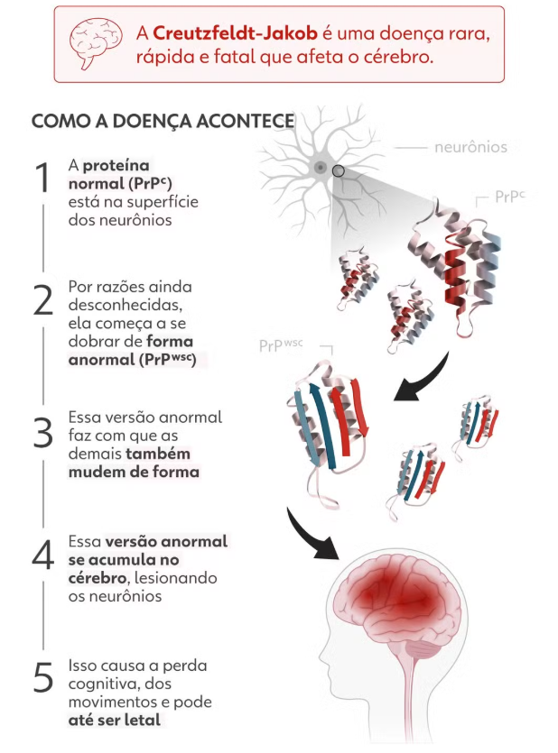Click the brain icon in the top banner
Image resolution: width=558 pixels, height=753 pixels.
coord(95,43)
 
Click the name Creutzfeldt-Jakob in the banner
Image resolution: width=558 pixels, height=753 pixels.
coord(235,33)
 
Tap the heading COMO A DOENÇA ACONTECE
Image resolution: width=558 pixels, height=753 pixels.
coord(163,121)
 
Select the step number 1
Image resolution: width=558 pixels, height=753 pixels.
coord(42,178)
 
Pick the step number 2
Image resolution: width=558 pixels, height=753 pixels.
coord(43,299)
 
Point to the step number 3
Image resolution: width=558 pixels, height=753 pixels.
coord(42,433)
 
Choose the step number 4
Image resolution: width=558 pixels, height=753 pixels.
coord(43,555)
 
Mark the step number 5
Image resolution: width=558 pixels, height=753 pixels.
coord(42,677)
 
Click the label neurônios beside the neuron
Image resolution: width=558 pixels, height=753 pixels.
coord(471,147)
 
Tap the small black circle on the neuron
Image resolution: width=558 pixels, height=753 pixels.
coord(339,171)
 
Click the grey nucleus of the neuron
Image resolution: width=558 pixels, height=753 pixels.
coord(321,168)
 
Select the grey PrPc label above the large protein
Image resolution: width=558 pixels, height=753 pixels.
coord(510,197)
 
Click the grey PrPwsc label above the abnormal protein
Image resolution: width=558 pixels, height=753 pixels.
coord(281,345)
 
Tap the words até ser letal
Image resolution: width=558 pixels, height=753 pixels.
coord(115,720)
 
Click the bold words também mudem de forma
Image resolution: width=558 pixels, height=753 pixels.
coord(134,463)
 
